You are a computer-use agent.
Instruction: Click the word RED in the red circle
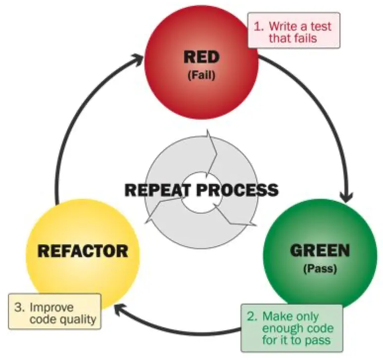[x=201, y=57]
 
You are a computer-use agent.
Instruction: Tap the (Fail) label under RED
[x=201, y=77]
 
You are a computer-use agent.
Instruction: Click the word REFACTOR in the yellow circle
[x=83, y=251]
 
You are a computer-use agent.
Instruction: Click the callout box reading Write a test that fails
[x=293, y=31]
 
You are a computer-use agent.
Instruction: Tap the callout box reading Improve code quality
[x=55, y=313]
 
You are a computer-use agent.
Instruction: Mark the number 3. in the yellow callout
[x=19, y=306]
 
